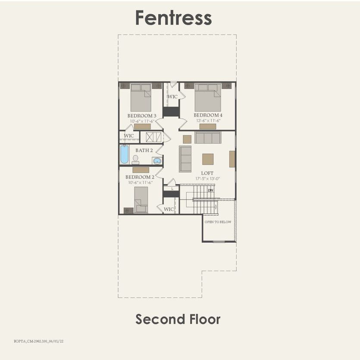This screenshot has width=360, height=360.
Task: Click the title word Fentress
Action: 173,18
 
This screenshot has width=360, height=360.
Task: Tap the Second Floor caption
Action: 178,319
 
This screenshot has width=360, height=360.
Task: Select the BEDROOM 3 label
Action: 141,116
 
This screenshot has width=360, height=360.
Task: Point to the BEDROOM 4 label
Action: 208,115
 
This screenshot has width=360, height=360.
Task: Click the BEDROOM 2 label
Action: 139,177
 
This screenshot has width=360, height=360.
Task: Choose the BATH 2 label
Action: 144,150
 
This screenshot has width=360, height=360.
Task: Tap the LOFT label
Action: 207,173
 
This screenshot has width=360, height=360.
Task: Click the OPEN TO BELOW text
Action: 218,222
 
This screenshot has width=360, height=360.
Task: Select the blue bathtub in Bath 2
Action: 125,154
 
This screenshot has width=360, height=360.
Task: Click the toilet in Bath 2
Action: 135,159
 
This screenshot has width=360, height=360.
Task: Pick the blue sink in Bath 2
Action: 157,161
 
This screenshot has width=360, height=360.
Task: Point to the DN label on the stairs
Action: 210,190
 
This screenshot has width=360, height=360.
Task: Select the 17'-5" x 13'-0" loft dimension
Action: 207,178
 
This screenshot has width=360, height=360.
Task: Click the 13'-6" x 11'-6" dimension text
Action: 208,121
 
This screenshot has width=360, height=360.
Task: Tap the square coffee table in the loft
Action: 208,159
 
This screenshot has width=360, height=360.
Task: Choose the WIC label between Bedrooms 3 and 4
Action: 172,97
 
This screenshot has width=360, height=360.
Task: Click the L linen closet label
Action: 172,189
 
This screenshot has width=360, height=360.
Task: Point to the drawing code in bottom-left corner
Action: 32,340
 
